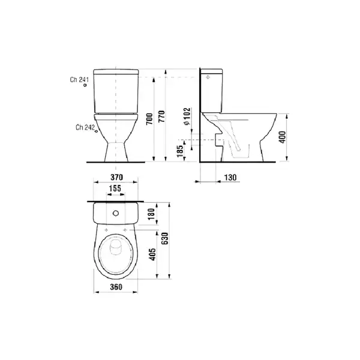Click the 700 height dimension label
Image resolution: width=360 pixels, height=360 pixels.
[x=149, y=119]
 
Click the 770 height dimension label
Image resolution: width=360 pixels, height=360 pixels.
[x=161, y=116]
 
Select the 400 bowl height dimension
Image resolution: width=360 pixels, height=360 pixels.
[x=283, y=137]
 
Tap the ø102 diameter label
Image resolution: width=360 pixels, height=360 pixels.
[x=187, y=116]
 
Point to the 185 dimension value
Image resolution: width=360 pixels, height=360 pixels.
[x=181, y=151]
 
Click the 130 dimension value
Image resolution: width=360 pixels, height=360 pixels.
[x=230, y=178]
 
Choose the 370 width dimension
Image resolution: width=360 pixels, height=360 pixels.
[x=116, y=177]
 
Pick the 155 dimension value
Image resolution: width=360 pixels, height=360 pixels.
[x=115, y=188]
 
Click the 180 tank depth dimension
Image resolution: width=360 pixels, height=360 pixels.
[x=152, y=214]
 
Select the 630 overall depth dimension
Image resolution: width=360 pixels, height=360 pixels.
[x=165, y=239]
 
